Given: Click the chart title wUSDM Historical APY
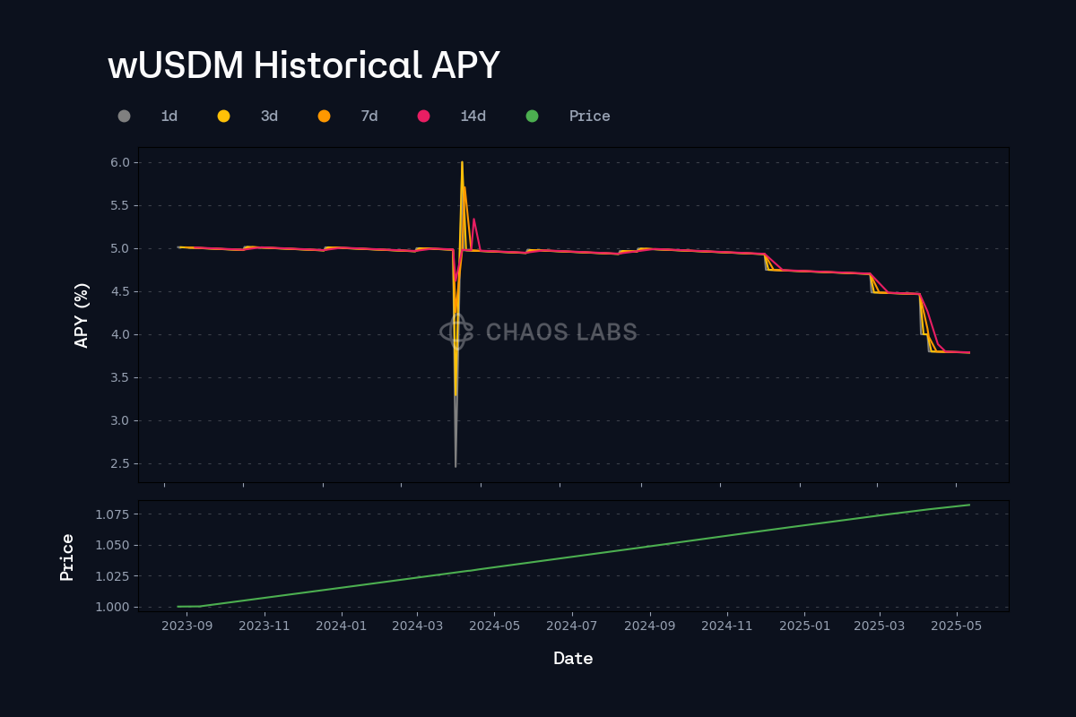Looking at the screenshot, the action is [304, 65].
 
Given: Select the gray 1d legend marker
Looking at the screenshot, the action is [124, 117].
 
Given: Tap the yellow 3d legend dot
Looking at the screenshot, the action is [224, 117].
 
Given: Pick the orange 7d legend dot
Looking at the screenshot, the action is [325, 117].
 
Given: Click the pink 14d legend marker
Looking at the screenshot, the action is [423, 117].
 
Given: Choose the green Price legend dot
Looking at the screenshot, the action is [533, 117].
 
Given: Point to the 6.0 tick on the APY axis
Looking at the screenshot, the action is [120, 162].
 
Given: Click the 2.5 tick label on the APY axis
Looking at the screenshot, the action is [120, 463].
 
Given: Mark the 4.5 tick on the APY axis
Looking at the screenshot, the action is [120, 291].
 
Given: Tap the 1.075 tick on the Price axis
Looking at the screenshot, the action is [112, 514].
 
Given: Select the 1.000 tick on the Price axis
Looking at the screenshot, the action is [112, 607].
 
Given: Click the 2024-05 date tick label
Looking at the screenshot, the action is [494, 626].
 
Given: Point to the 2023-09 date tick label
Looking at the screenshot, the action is [187, 626].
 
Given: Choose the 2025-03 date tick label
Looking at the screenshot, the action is [879, 626].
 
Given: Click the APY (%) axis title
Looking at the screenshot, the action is [82, 315].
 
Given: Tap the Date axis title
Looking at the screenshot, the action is [573, 659].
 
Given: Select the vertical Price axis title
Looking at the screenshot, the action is [66, 557].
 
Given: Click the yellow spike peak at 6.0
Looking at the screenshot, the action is [462, 162].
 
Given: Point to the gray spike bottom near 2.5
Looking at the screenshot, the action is [456, 466].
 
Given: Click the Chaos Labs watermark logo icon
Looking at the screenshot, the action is [456, 332].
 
